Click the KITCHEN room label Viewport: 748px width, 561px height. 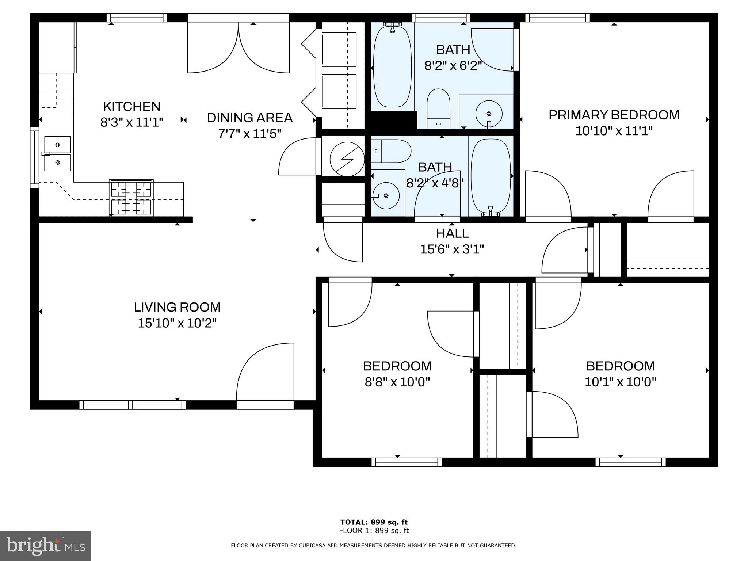pyautogui.click(x=131, y=107)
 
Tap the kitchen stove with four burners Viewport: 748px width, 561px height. pyautogui.click(x=131, y=197)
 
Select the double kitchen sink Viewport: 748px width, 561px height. pyautogui.click(x=57, y=154)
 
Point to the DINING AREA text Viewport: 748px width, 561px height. pyautogui.click(x=249, y=118)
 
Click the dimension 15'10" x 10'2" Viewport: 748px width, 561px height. pyautogui.click(x=177, y=323)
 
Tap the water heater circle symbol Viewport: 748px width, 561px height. pyautogui.click(x=347, y=159)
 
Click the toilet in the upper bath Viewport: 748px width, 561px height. pyautogui.click(x=438, y=108)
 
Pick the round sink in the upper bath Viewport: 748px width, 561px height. pyautogui.click(x=489, y=114)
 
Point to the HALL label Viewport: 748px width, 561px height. pyautogui.click(x=452, y=233)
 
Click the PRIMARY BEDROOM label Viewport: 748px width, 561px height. pyautogui.click(x=614, y=115)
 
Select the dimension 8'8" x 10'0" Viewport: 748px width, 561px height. pyautogui.click(x=397, y=382)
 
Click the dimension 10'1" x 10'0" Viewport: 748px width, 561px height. pyautogui.click(x=620, y=382)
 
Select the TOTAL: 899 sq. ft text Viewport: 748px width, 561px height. pyautogui.click(x=374, y=522)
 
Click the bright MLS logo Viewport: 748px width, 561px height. pyautogui.click(x=46, y=546)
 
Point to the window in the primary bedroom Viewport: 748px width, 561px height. pyautogui.click(x=557, y=18)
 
